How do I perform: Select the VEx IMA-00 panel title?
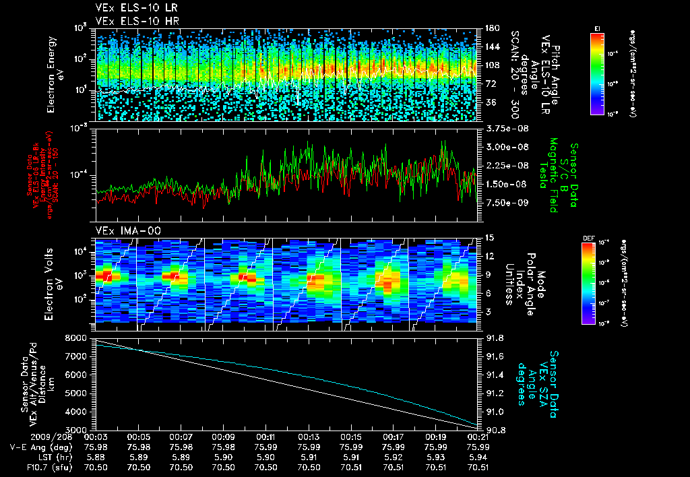tap(119, 230)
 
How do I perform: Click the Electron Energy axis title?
tap(56, 74)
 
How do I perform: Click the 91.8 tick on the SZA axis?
tap(494, 338)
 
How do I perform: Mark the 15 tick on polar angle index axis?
tap(488, 238)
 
